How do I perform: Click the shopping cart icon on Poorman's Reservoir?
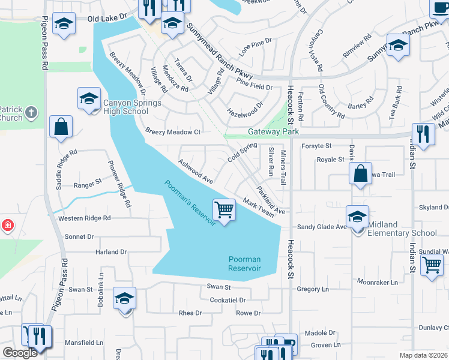224,211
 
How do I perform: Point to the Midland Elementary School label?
403,229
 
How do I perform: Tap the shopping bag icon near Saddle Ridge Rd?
61,127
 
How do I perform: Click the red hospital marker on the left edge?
7,226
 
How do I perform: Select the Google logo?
20,352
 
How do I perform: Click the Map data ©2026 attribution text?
424,355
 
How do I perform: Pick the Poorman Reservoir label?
245,263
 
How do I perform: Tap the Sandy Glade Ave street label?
323,227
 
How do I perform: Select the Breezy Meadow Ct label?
173,131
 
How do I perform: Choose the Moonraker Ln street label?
377,281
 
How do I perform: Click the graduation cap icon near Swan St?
124,298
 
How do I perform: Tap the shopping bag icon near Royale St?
360,174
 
